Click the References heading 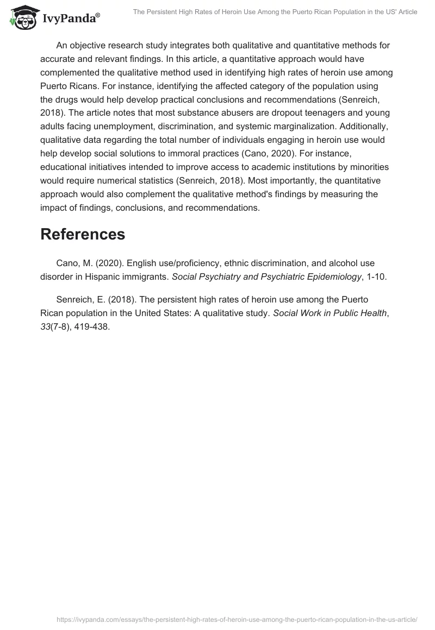pyautogui.click(x=83, y=234)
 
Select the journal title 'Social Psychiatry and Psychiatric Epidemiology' pyautogui.click(x=266, y=277)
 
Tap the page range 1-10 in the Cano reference pyautogui.click(x=375, y=277)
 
